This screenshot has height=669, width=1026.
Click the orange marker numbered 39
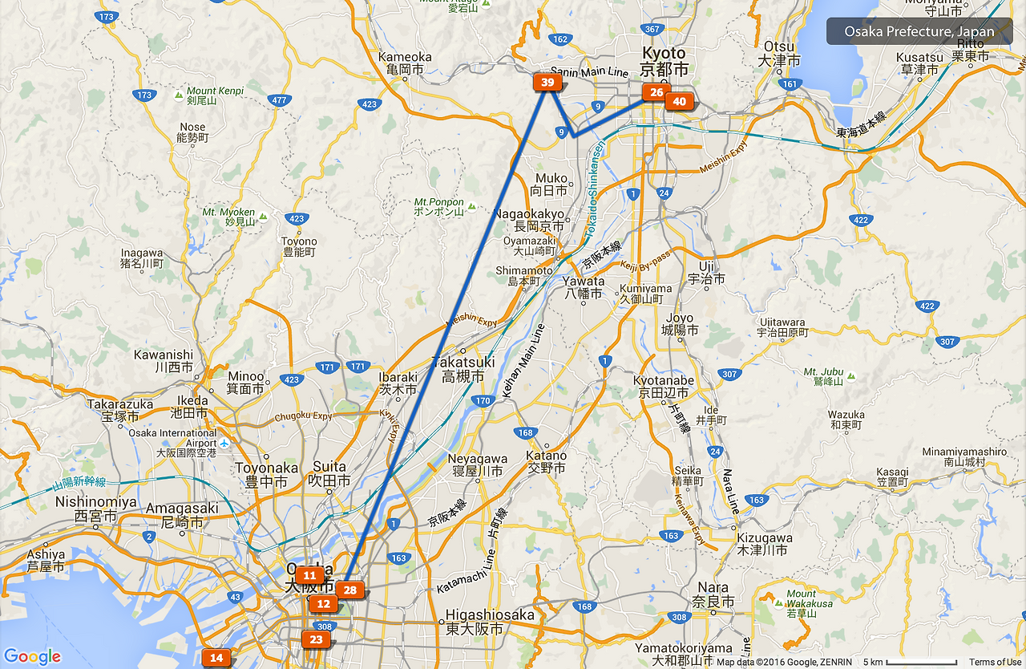click(x=547, y=83)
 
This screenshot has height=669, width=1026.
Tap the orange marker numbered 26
click(x=656, y=93)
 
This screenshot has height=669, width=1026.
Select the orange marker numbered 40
click(x=679, y=101)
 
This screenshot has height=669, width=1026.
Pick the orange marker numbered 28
click(x=349, y=590)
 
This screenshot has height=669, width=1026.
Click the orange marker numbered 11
click(x=309, y=575)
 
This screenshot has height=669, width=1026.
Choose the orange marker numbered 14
click(x=216, y=658)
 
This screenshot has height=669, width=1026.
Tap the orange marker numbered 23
click(x=317, y=639)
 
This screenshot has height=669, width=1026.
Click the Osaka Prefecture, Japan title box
click(x=919, y=32)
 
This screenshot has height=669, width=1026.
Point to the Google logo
click(x=32, y=657)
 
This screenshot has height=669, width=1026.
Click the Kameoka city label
click(x=405, y=63)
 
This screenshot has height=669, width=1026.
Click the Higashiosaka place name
click(x=489, y=622)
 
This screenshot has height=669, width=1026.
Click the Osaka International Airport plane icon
click(x=224, y=443)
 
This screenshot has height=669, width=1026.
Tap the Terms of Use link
click(x=995, y=662)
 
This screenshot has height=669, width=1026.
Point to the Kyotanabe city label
click(x=663, y=387)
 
